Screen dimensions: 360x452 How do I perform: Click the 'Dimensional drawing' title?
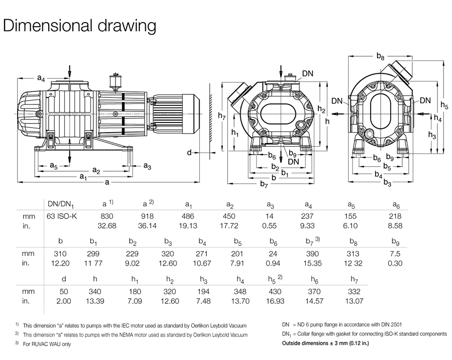click(x=80, y=26)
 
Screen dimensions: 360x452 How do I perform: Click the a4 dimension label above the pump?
click(x=42, y=78)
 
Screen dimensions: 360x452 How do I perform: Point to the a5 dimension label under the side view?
click(x=53, y=165)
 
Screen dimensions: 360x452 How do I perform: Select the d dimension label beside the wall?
click(x=189, y=152)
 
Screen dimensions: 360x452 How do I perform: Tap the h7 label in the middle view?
click(x=222, y=117)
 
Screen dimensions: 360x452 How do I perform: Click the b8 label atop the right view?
click(x=380, y=58)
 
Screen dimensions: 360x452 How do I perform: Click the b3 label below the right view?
click(x=387, y=183)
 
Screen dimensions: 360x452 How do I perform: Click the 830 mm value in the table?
click(x=108, y=216)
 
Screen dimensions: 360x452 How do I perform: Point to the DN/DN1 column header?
click(x=60, y=204)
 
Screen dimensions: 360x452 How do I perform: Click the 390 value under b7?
click(x=312, y=254)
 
